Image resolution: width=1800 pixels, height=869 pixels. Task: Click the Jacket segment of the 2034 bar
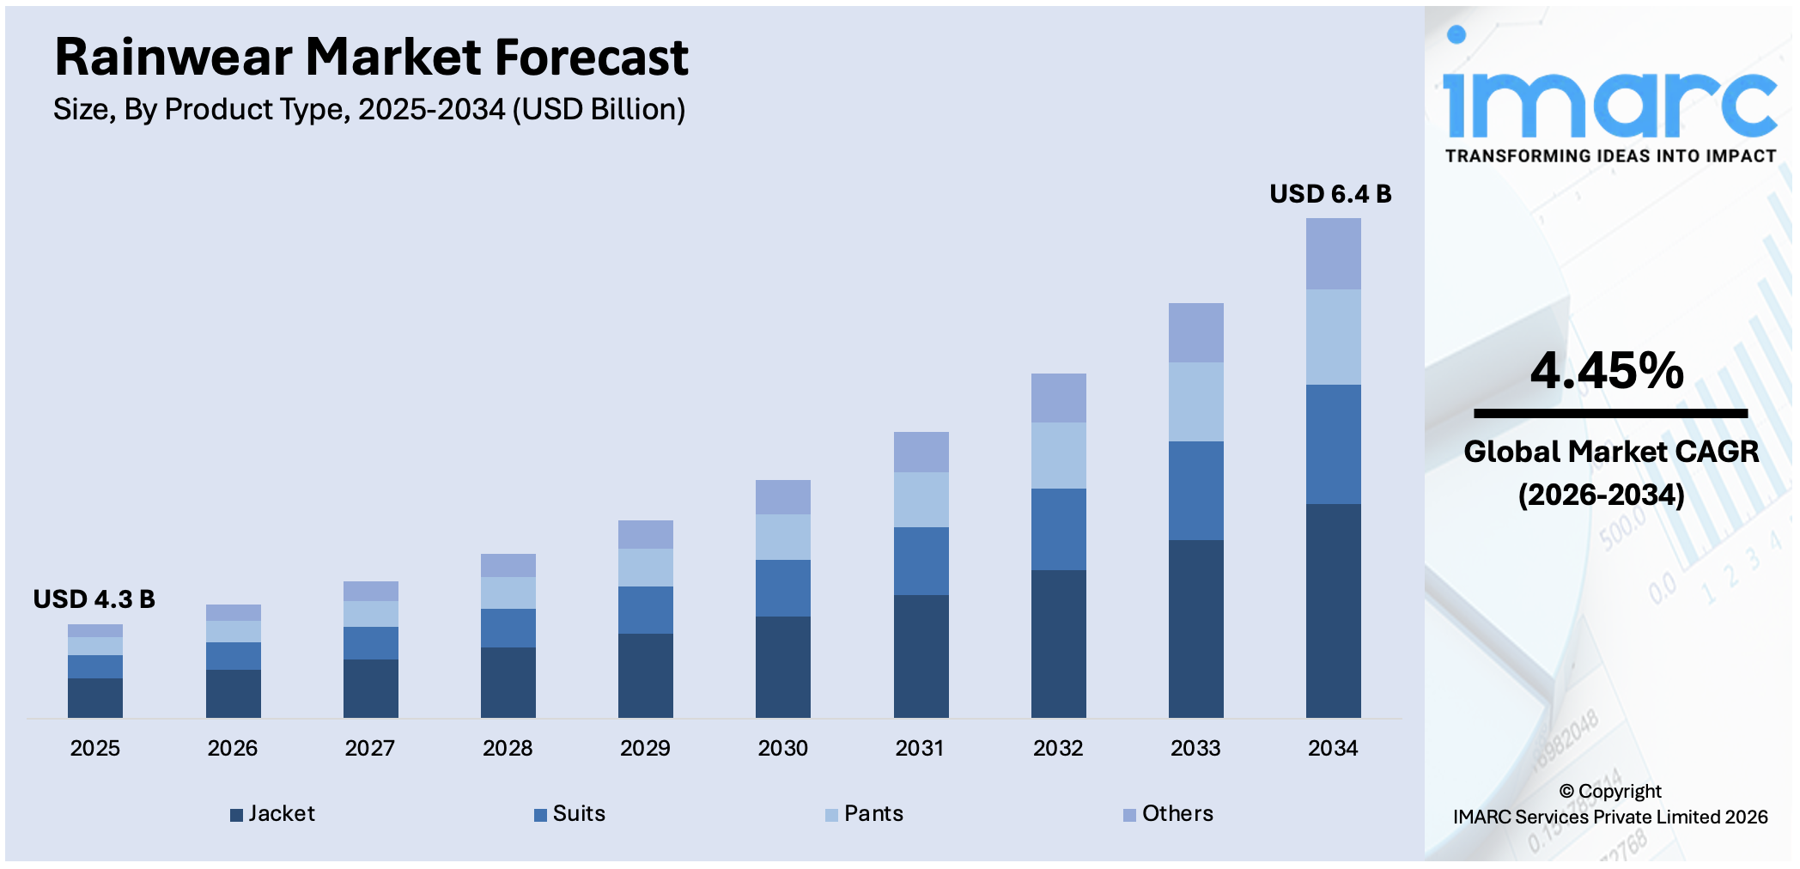point(1333,611)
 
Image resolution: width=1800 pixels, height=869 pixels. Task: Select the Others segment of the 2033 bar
point(1195,332)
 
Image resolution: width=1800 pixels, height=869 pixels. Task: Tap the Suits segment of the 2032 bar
point(1058,529)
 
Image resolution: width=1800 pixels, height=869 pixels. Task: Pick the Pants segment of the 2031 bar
point(921,499)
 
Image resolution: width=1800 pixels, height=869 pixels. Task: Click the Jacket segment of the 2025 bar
point(95,697)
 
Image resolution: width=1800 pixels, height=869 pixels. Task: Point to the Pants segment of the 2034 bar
point(1333,337)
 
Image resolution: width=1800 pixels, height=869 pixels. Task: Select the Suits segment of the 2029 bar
point(646,610)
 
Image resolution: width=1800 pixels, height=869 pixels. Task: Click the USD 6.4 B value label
point(1330,194)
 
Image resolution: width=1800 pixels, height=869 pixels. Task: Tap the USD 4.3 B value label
point(94,599)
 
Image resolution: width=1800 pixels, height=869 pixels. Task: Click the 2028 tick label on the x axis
point(508,748)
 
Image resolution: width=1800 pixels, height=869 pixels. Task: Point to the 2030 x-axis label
point(782,748)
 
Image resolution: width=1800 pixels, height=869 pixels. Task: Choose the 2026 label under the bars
point(232,748)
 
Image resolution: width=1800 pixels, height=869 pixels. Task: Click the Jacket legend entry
point(273,813)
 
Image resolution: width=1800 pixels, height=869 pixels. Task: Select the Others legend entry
point(1169,813)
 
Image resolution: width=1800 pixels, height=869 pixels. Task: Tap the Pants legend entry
point(865,813)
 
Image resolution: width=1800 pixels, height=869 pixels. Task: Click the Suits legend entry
point(570,813)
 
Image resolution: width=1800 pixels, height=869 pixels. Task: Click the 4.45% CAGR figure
point(1607,371)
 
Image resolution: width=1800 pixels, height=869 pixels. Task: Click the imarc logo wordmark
point(1609,103)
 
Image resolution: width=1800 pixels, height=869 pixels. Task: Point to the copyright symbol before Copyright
point(1566,791)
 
